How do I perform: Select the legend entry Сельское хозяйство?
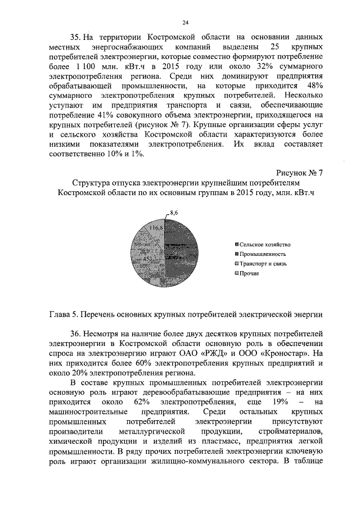pos(264,245)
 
